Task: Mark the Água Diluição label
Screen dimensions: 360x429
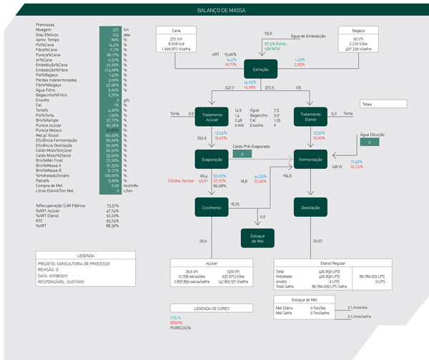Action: pyautogui.click(x=370, y=133)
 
